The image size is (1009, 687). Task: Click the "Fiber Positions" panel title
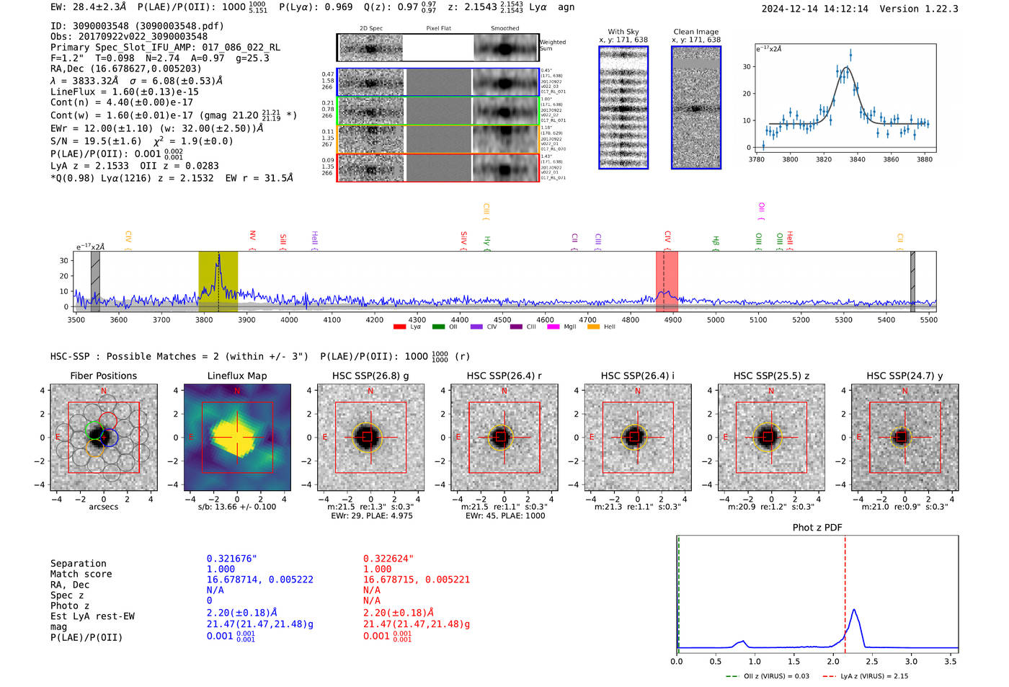(103, 376)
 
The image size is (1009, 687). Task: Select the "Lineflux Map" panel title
(237, 376)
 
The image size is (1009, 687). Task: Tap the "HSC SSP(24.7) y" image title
(904, 376)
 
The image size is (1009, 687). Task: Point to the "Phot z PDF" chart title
(817, 528)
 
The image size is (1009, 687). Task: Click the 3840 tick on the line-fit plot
(858, 159)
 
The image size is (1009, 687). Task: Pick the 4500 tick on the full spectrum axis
(502, 319)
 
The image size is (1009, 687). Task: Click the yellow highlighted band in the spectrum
(218, 281)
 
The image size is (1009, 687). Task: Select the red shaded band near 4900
(667, 281)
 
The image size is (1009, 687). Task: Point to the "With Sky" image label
(623, 32)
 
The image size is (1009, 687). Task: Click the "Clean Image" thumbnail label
(695, 32)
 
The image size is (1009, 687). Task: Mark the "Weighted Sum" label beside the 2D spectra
(553, 45)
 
